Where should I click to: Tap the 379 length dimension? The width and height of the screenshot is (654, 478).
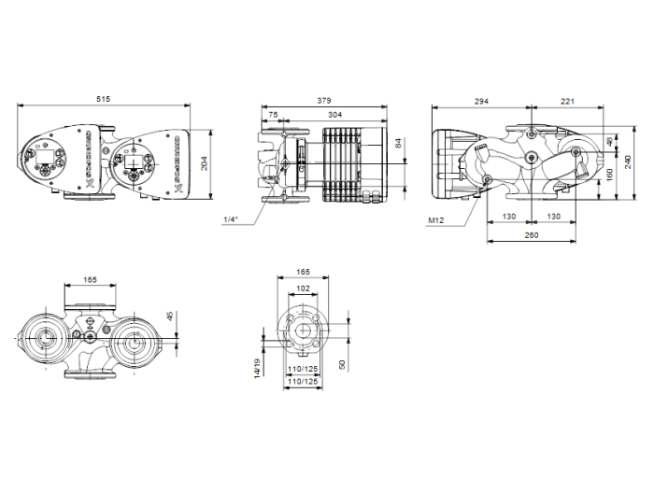(324, 98)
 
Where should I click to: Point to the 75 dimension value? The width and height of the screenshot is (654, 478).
(273, 114)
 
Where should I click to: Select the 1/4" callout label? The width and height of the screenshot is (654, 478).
(231, 219)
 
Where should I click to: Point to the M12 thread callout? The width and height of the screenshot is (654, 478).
(435, 220)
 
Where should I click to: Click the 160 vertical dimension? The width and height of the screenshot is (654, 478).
(608, 173)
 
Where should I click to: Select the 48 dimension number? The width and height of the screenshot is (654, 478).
(609, 142)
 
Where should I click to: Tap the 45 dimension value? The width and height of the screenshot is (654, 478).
(169, 316)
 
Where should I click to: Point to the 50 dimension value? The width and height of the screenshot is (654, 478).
(344, 363)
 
